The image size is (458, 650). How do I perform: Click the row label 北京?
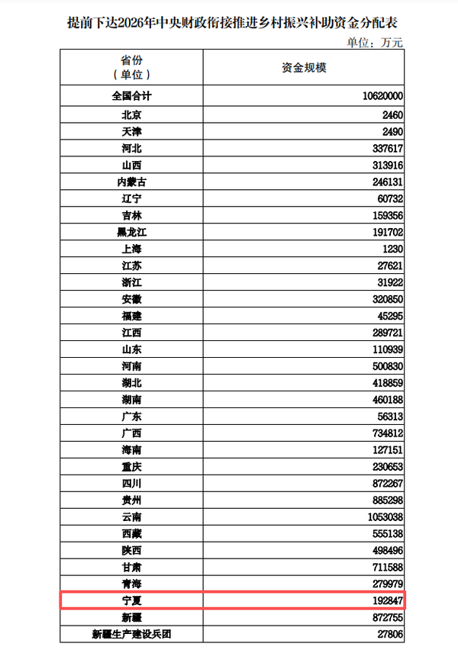pyautogui.click(x=131, y=115)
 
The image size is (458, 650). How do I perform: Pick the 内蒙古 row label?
pyautogui.click(x=131, y=182)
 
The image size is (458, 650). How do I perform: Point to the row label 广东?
pyautogui.click(x=131, y=417)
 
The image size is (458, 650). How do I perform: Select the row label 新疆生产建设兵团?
pyautogui.click(x=131, y=634)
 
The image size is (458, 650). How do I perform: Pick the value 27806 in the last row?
pyautogui.click(x=387, y=634)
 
